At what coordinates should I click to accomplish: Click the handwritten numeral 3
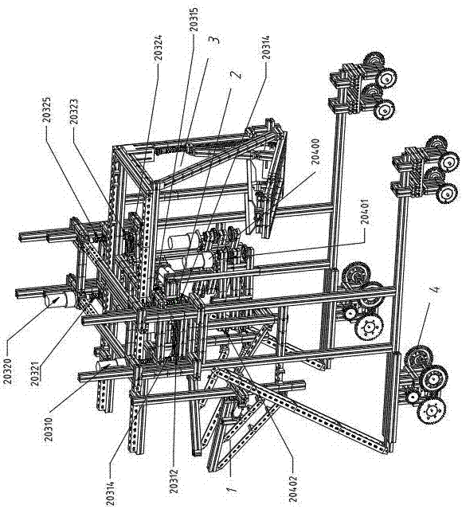pyautogui.click(x=216, y=38)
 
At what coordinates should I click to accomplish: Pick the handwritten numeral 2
pyautogui.click(x=237, y=74)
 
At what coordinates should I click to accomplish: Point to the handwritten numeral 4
pyautogui.click(x=435, y=289)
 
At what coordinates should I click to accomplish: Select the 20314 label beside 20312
pyautogui.click(x=111, y=489)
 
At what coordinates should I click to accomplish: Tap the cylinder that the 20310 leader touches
pyautogui.click(x=108, y=367)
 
